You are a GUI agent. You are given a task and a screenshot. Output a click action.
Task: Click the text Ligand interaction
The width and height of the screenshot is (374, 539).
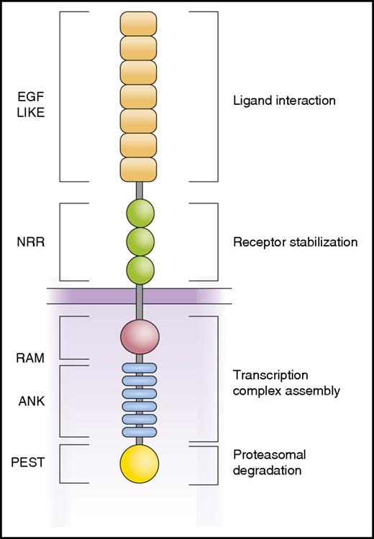[284, 101]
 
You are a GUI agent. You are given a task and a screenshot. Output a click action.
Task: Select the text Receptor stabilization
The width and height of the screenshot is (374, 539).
[295, 242]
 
